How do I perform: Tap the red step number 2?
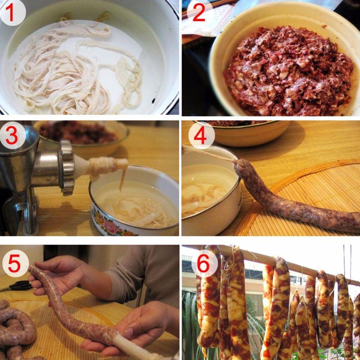click(x=199, y=13)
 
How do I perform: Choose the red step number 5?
click(x=14, y=264)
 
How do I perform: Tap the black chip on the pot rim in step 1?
click(x=153, y=100)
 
